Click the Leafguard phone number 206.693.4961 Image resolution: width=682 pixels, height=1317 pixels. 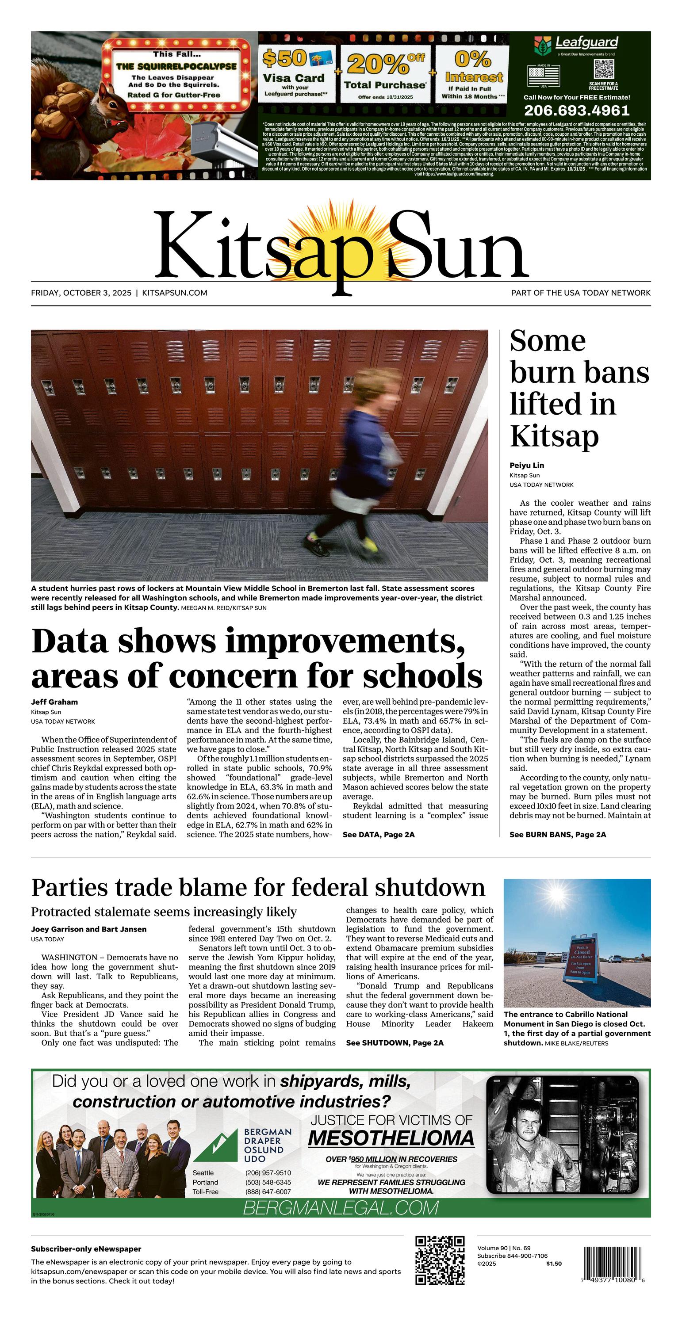point(577,111)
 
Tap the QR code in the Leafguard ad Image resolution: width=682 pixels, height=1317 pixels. point(604,69)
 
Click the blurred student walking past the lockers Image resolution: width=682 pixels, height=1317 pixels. point(358,460)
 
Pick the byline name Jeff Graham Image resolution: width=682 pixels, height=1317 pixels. point(54,702)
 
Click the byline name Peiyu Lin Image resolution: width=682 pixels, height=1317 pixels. point(526,465)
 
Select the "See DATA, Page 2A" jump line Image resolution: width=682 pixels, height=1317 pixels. point(378,834)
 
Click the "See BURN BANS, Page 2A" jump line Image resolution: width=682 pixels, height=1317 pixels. point(557,834)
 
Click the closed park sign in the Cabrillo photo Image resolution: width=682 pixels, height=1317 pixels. point(582,961)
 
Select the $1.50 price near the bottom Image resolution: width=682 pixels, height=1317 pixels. point(554,1264)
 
